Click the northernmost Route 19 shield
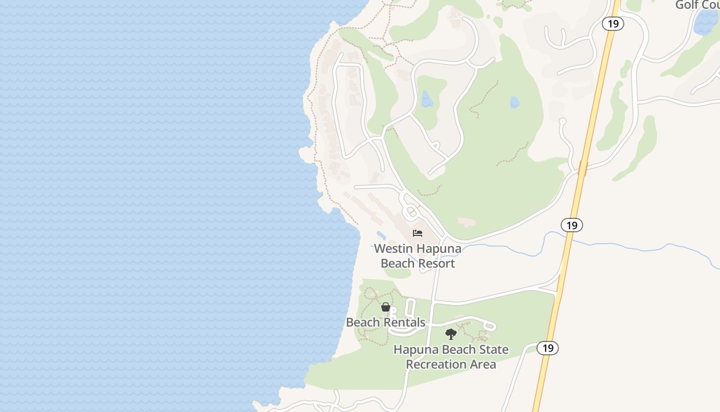click(x=613, y=24)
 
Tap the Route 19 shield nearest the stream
click(x=572, y=225)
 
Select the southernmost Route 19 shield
click(x=548, y=348)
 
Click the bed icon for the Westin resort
click(x=418, y=233)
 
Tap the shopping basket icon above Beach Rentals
click(x=386, y=307)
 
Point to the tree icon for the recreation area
click(x=451, y=334)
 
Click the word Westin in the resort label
click(x=393, y=249)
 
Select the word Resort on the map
click(x=436, y=264)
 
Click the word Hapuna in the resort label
click(x=439, y=249)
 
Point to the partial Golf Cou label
click(x=697, y=5)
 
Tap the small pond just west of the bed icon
click(x=381, y=236)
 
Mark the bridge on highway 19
click(x=583, y=168)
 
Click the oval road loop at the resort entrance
click(x=411, y=211)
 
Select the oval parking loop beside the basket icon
click(x=410, y=308)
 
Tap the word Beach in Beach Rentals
click(x=362, y=323)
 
